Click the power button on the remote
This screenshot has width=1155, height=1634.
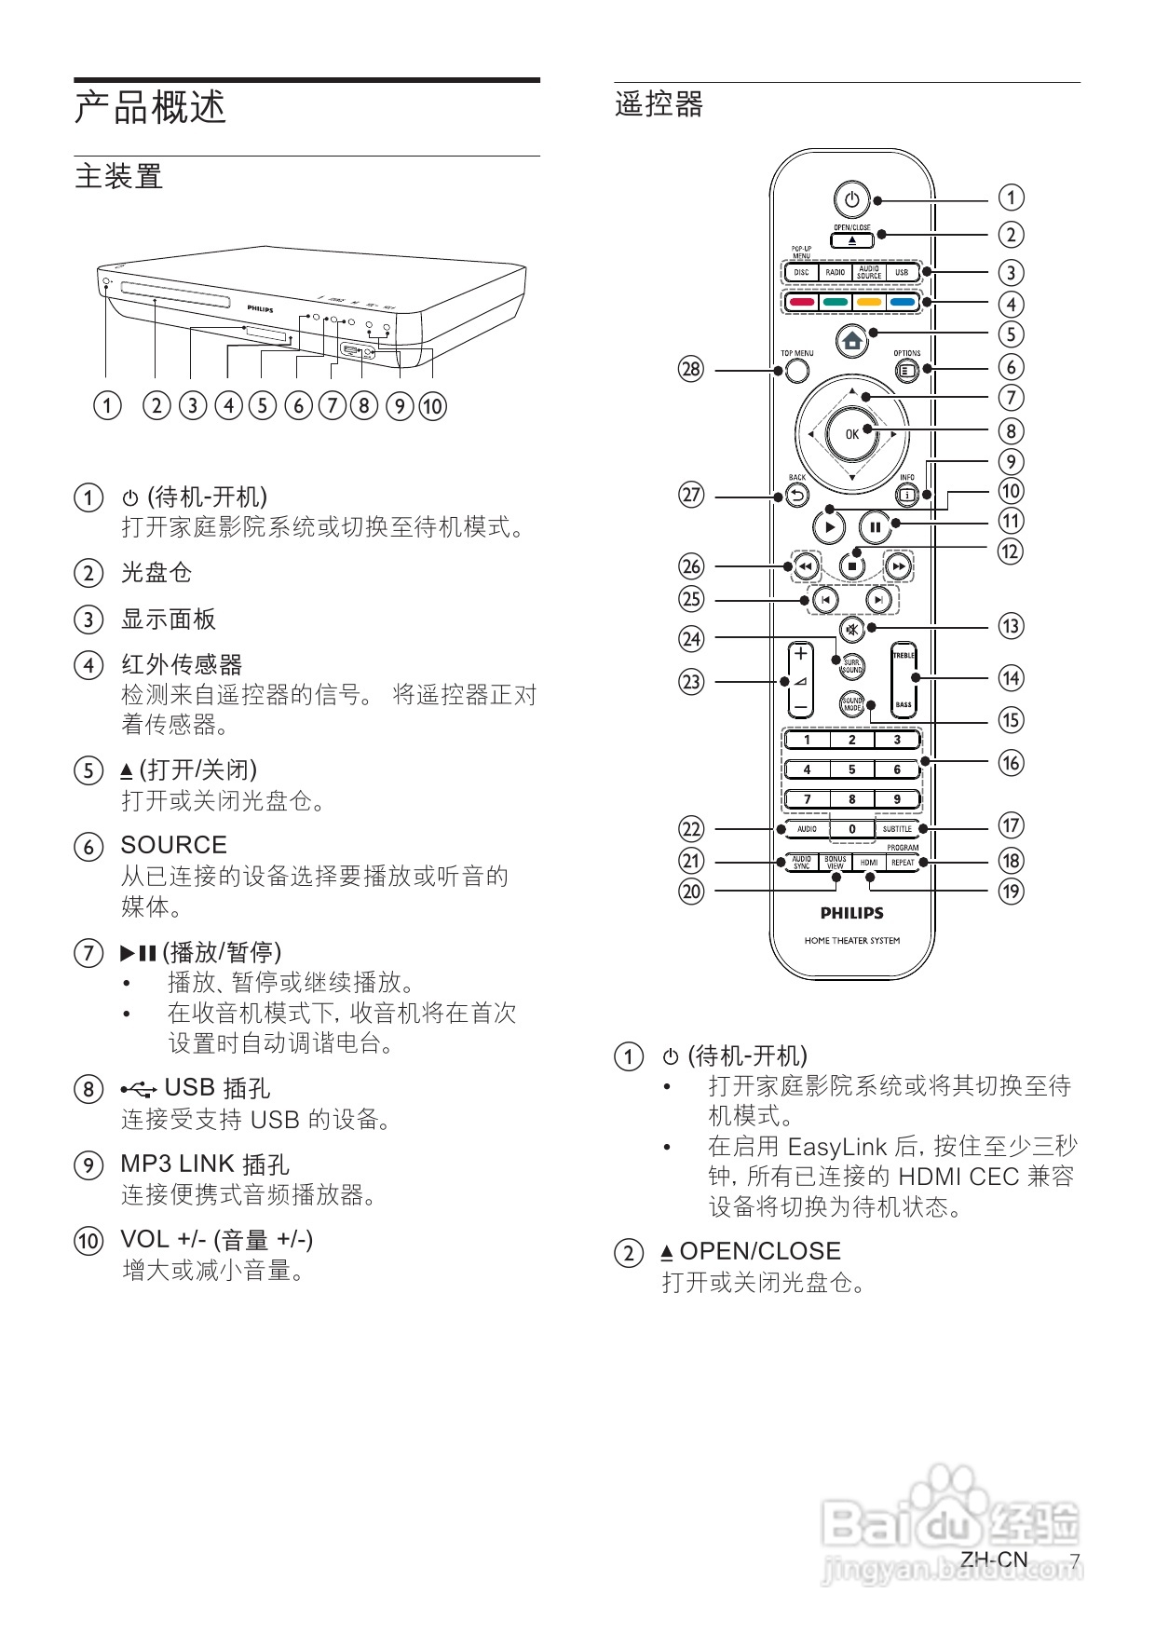[x=851, y=199]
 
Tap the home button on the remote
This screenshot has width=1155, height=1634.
[x=851, y=341]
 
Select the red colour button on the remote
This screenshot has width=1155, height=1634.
[x=802, y=302]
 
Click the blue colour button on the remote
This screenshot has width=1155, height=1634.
[x=902, y=302]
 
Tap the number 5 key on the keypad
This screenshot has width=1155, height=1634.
[x=851, y=769]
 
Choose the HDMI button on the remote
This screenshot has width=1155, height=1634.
[x=869, y=863]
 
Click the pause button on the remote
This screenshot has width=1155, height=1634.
[x=875, y=527]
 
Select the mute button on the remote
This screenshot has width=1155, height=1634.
[x=851, y=627]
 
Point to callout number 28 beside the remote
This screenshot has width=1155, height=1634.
[x=690, y=370]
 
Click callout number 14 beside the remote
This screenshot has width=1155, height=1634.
[x=1011, y=678]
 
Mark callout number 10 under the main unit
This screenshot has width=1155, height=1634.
[x=432, y=406]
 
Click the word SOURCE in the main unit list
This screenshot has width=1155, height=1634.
[x=173, y=845]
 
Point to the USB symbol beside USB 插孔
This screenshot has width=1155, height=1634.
[x=139, y=1088]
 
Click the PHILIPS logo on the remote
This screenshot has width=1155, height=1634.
[x=851, y=913]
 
